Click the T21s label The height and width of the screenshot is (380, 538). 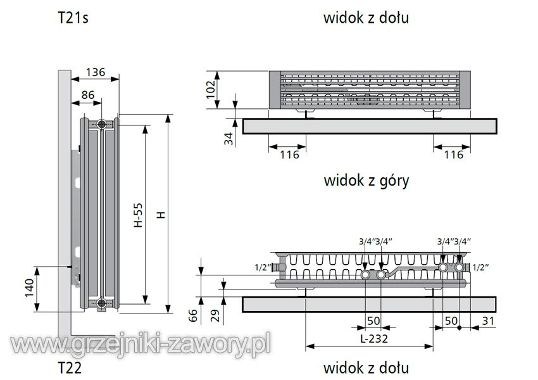pos(73,18)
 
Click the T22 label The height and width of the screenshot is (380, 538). pos(70,367)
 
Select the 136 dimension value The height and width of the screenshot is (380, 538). pos(95,72)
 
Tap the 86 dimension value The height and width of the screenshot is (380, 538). pos(88,95)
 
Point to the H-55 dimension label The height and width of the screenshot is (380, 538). pos(138,215)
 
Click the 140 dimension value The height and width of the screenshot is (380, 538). pos(30,288)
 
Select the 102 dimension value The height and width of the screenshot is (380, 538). pos(211,89)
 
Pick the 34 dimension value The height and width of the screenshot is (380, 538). pos(228,139)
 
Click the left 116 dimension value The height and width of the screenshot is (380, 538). pos(289,155)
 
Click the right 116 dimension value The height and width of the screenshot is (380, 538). pos(454,155)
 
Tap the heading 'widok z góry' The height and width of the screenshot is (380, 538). pos(366,180)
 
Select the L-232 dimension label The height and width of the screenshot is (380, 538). pos(373,339)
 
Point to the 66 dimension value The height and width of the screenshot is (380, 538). pos(193,315)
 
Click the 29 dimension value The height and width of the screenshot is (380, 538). pos(215,315)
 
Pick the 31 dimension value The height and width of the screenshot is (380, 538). pos(488,321)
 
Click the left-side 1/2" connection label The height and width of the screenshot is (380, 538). pos(263,267)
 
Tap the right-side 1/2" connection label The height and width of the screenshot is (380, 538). pos(480,267)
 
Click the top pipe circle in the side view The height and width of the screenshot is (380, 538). pos(101,124)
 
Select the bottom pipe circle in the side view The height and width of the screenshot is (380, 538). pos(101,303)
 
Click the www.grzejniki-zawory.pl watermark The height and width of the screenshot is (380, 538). pos(141,345)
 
